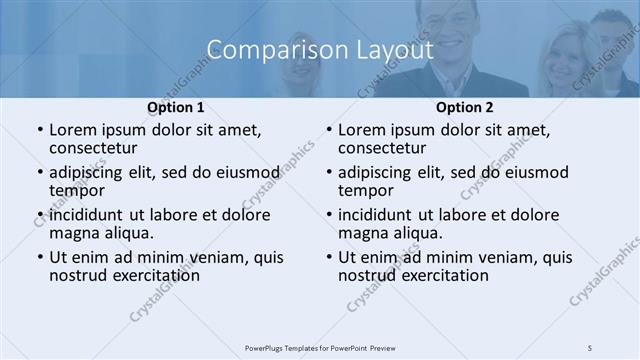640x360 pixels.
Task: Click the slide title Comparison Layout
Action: (x=320, y=49)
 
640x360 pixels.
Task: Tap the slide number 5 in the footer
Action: (x=590, y=347)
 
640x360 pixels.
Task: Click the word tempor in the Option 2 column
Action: (x=365, y=190)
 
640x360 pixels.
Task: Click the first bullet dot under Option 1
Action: (x=39, y=131)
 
